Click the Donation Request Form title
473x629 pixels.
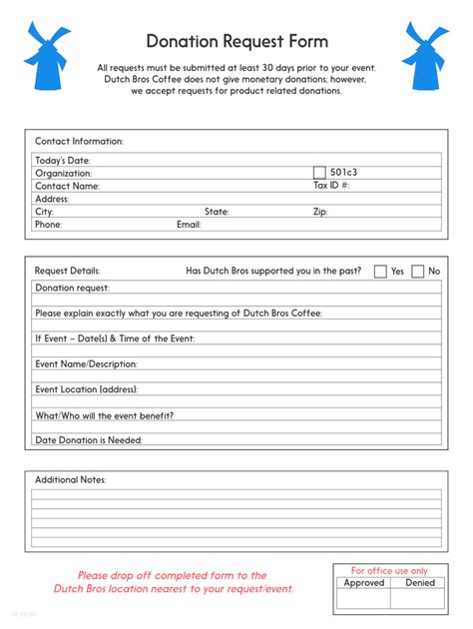[x=236, y=41]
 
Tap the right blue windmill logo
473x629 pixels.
[x=426, y=55]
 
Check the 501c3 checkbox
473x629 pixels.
[x=319, y=172]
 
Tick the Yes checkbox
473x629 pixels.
[x=380, y=271]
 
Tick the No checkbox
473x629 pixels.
[x=418, y=271]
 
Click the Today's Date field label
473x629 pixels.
[x=62, y=160]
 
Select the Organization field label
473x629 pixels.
[x=63, y=173]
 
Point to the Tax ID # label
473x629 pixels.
[x=331, y=185]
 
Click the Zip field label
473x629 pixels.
[x=320, y=212]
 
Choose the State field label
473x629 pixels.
[x=217, y=212]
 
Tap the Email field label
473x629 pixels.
[x=189, y=225]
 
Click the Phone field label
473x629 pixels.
[x=48, y=225]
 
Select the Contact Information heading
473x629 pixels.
[x=79, y=142]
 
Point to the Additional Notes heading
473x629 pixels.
[x=70, y=480]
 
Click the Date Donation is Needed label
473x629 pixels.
[x=88, y=440]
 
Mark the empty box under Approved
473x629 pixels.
[x=363, y=599]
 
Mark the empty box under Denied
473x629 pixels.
[x=419, y=599]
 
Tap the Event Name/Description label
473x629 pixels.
[x=86, y=364]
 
